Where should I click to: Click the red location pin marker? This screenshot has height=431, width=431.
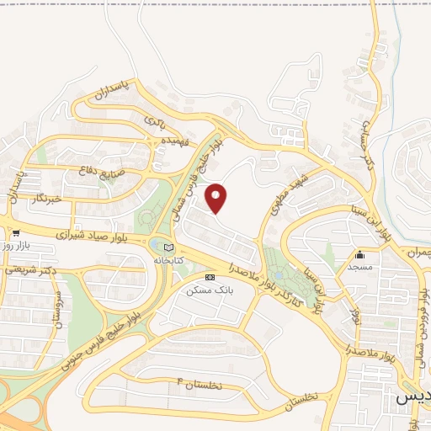pyautogui.click(x=216, y=199)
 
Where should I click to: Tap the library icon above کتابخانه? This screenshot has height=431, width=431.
pyautogui.click(x=169, y=248)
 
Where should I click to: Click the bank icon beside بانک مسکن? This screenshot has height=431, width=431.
pyautogui.click(x=210, y=277)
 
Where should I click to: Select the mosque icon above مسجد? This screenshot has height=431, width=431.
pyautogui.click(x=360, y=254)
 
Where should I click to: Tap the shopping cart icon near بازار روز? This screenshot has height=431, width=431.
pyautogui.click(x=16, y=232)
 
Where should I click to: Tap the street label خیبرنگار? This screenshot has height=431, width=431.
pyautogui.click(x=46, y=199)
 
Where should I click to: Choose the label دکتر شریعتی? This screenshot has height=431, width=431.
pyautogui.click(x=29, y=269)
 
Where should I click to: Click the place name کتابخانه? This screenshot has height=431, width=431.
pyautogui.click(x=169, y=261)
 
